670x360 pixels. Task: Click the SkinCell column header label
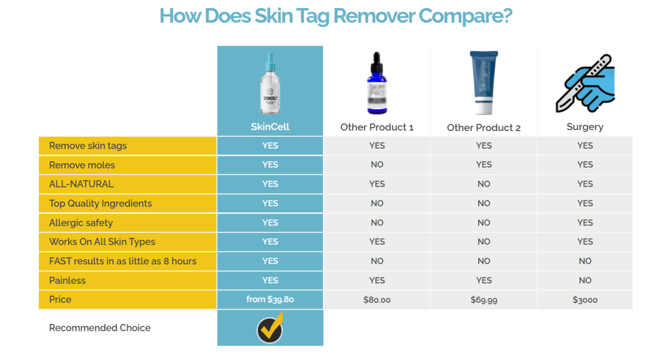270,126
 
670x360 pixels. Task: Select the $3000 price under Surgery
585,300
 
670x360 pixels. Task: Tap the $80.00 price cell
377,300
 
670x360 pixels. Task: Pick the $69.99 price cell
484,300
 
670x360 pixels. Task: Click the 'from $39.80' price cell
270,299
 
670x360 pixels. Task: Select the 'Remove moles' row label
82,165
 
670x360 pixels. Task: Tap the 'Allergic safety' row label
81,223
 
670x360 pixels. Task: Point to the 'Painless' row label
68,280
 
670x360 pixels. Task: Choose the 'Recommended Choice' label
100,328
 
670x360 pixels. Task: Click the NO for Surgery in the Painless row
585,280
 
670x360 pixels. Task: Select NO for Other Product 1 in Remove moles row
377,165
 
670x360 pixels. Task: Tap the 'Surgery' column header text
585,127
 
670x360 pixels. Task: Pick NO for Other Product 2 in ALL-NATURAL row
484,184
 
